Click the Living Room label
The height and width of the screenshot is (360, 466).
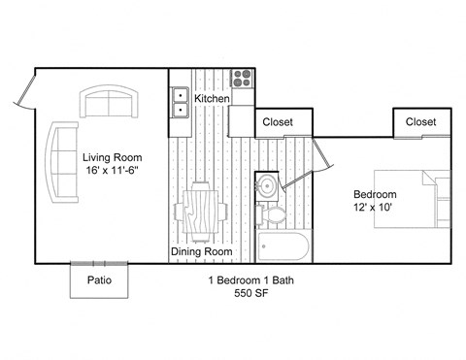coord(113,156)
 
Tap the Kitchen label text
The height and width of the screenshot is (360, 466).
coord(212,99)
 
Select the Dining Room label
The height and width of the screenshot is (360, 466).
coord(202,252)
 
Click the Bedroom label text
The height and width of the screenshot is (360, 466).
coord(375,194)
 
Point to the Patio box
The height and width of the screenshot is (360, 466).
coord(99,280)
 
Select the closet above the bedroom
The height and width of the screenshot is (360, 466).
coord(420,122)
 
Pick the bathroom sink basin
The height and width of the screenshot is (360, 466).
coord(266,186)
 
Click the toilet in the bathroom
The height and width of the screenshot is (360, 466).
coord(274,213)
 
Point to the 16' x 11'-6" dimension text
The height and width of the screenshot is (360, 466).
coord(113,171)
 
